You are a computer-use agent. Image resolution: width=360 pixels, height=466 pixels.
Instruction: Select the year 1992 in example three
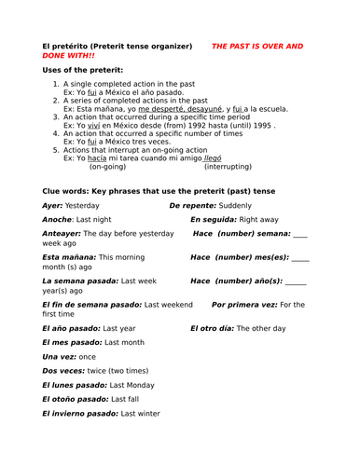pyautogui.click(x=202, y=123)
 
